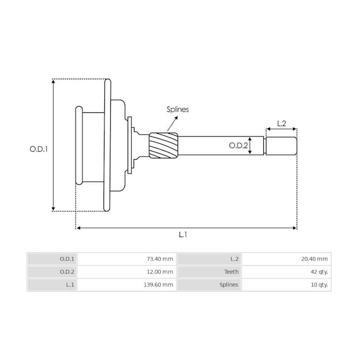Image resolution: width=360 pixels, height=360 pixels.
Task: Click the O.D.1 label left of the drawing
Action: (38, 148)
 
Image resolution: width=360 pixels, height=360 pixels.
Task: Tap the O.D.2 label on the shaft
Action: (238, 145)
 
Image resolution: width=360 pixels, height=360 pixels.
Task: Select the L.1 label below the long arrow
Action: (183, 234)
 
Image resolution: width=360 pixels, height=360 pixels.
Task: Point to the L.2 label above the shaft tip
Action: (281, 123)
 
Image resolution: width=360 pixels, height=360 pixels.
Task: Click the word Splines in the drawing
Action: (178, 109)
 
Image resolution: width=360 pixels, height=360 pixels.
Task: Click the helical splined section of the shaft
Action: (164, 145)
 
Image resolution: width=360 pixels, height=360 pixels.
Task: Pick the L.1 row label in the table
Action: (69, 285)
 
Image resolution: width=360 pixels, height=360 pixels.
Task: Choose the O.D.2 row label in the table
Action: (67, 272)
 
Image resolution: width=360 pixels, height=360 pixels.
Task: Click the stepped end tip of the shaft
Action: (281, 145)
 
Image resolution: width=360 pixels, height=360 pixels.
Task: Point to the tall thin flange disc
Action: (107, 145)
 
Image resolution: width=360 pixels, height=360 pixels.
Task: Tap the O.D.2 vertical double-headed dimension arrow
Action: (251, 145)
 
